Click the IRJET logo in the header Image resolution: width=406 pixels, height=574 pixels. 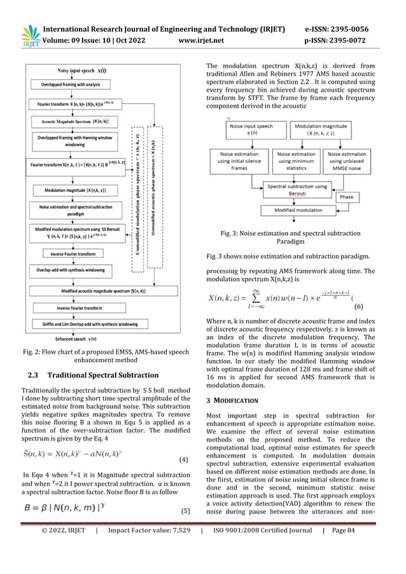coord(29,36)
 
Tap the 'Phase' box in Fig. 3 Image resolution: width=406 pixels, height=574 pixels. coord(346,197)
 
